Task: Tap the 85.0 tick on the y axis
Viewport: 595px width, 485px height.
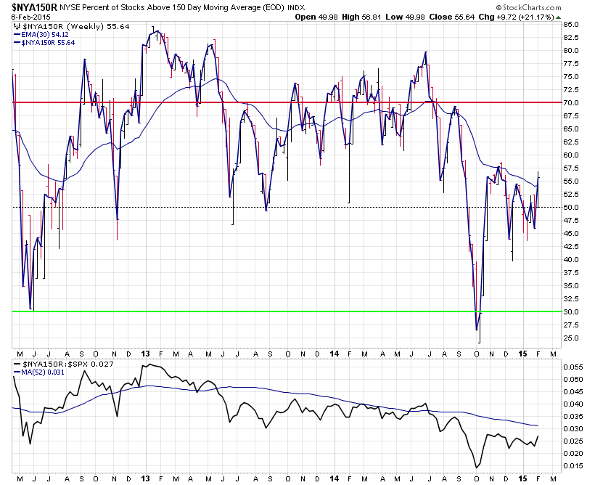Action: pos(571,25)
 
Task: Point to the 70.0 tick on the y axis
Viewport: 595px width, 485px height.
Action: pos(571,102)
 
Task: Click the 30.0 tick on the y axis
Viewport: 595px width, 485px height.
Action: pos(571,311)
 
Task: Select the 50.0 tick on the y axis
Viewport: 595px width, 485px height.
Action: pos(571,207)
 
